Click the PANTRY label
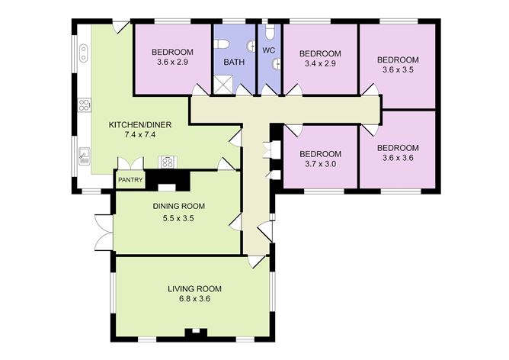pos(130,180)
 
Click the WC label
pos(269,50)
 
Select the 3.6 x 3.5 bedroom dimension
pos(397,70)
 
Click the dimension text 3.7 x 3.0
pos(320,162)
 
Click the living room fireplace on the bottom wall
pos(194,333)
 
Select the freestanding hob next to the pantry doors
pos(166,162)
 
